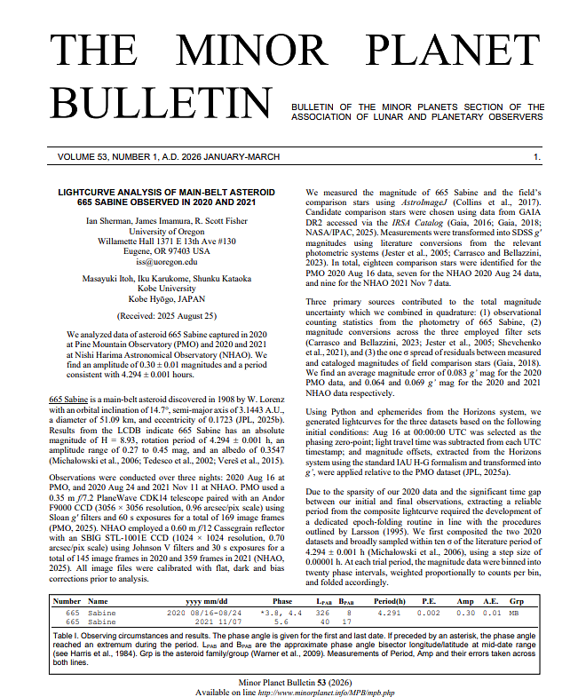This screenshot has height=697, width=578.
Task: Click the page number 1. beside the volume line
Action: pyautogui.click(x=537, y=157)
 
